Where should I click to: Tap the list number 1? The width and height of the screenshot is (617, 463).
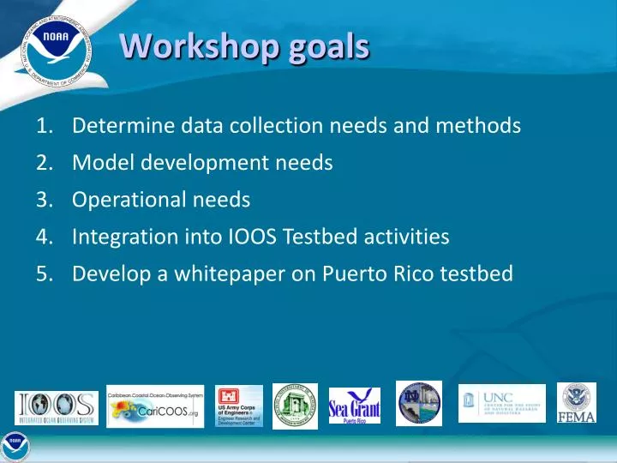pos(45,126)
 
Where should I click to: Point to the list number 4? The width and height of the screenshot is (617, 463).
pos(45,237)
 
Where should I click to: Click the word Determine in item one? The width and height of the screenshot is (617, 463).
pos(123,126)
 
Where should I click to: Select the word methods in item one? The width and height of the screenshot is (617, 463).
pos(481,126)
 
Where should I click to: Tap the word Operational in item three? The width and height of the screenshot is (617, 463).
pos(125,200)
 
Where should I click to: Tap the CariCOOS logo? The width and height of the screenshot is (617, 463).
pos(155,406)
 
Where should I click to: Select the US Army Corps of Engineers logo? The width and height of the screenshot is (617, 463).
pos(239,406)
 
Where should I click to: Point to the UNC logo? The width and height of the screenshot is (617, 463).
pos(501,403)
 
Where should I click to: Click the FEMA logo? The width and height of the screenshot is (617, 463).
pos(577,403)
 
